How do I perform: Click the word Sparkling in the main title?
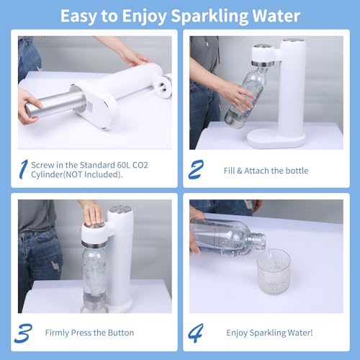pyautogui.click(x=210, y=16)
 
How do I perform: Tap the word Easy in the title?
pyautogui.click(x=78, y=16)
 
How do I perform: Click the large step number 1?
pyautogui.click(x=24, y=169)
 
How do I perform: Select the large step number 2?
pyautogui.click(x=196, y=169)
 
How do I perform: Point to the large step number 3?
pyautogui.click(x=23, y=333)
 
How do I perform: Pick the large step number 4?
pyautogui.click(x=196, y=333)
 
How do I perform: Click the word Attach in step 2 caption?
pyautogui.click(x=256, y=171)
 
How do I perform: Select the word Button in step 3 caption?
pyautogui.click(x=121, y=333)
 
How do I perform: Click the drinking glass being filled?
pyautogui.click(x=274, y=271)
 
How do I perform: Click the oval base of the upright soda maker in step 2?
pyautogui.click(x=276, y=139)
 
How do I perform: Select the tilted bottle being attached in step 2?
pyautogui.click(x=246, y=98)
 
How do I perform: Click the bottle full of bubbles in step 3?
pyautogui.click(x=94, y=279)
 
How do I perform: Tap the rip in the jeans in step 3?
pyautogui.click(x=55, y=266)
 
